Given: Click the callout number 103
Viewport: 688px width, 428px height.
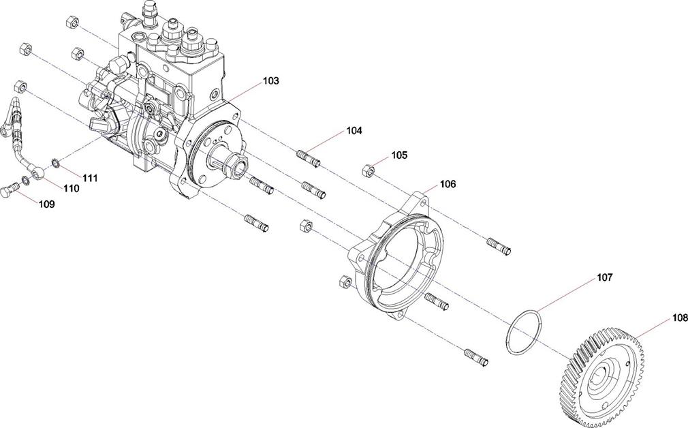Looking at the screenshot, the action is (270, 81).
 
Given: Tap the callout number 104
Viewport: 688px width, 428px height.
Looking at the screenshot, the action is (354, 130).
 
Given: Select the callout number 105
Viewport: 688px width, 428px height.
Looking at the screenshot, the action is (399, 155).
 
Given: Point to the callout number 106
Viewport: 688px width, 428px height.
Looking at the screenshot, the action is (448, 184).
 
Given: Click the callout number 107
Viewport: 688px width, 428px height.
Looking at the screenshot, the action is (604, 277).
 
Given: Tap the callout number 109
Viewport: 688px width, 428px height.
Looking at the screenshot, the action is (46, 204).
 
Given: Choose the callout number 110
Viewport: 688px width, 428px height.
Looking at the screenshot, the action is (71, 189).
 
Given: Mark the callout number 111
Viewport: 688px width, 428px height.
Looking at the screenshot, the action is (89, 179).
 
